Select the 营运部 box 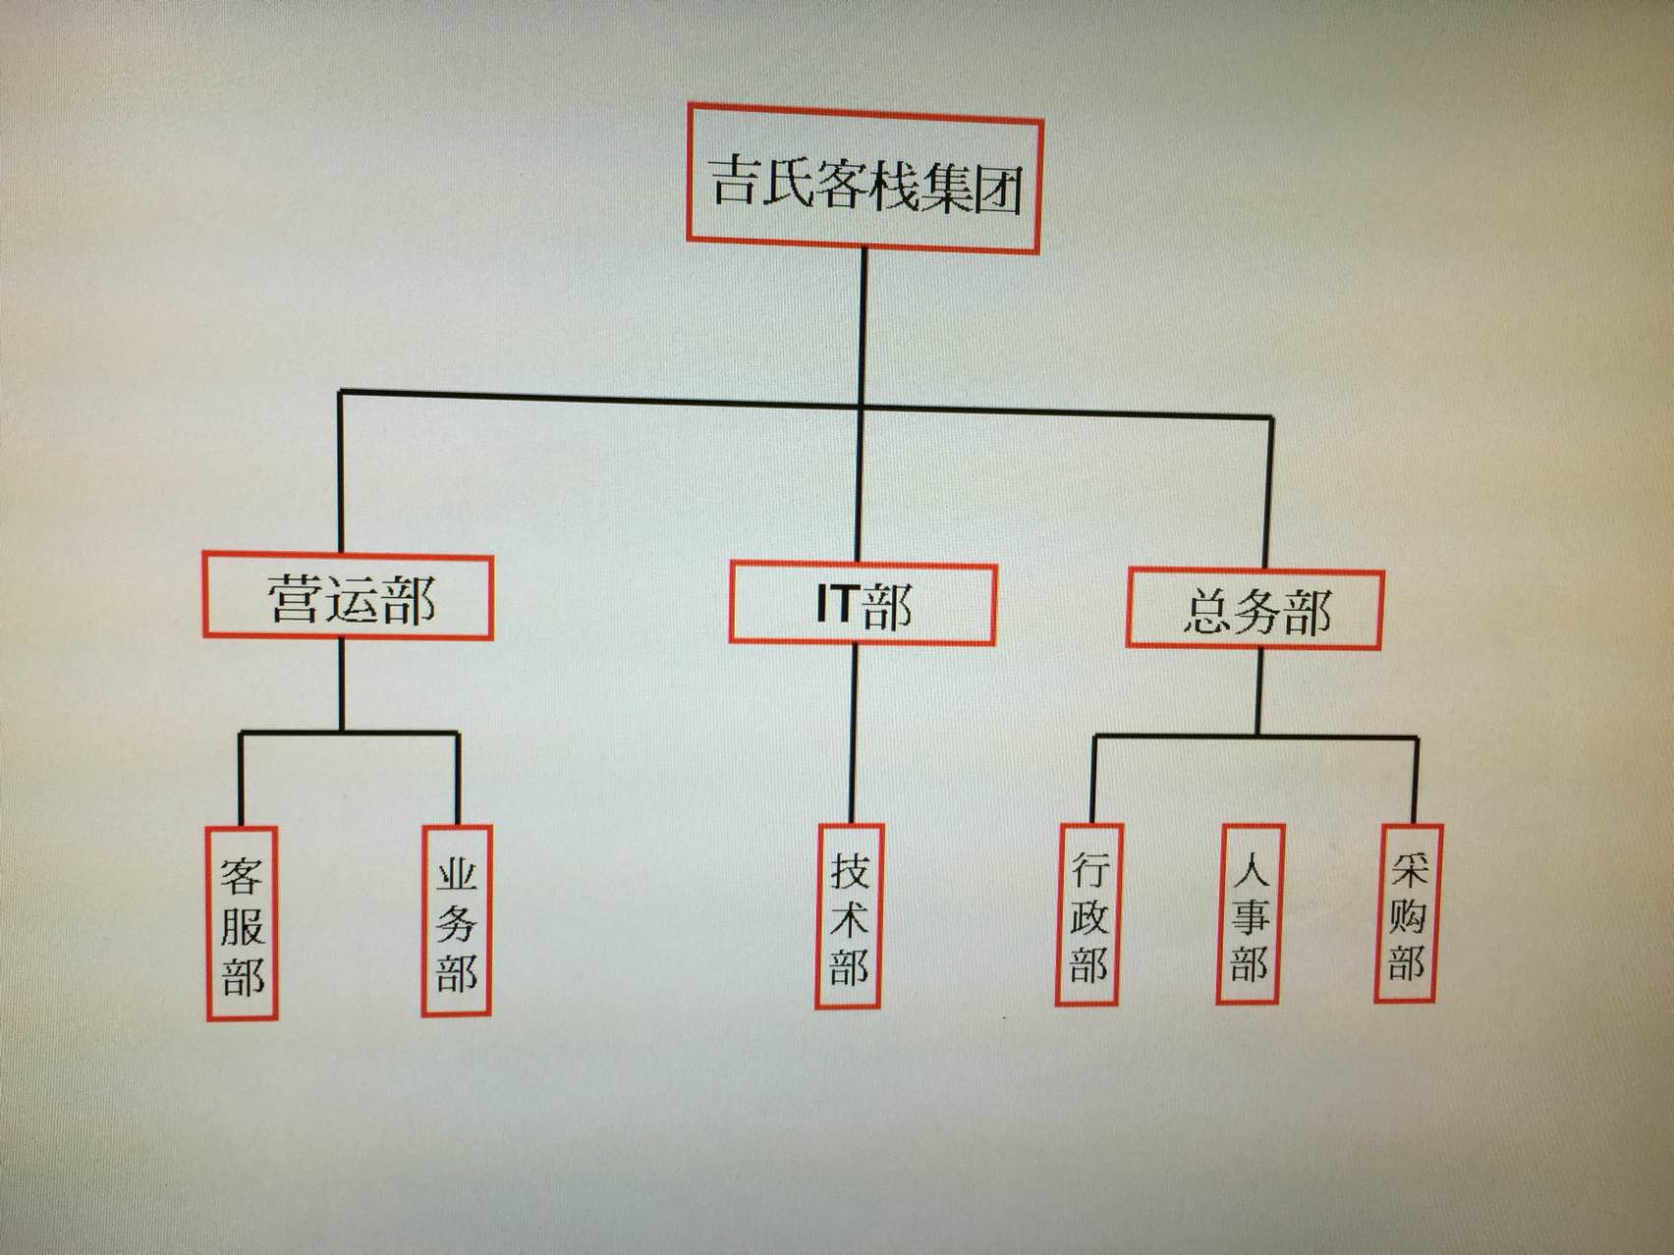pos(348,596)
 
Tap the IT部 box pos(863,602)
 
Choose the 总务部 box pos(1255,609)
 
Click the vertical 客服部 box pos(242,923)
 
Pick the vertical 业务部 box pos(456,920)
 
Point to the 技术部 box pos(849,916)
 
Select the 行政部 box pos(1088,914)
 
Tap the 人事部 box pos(1249,913)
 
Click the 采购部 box pos(1407,912)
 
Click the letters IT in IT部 pos(837,603)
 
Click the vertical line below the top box pos(864,324)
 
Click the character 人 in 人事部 pos(1249,864)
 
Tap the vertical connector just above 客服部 pos(241,781)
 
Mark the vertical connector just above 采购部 pos(1416,781)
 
